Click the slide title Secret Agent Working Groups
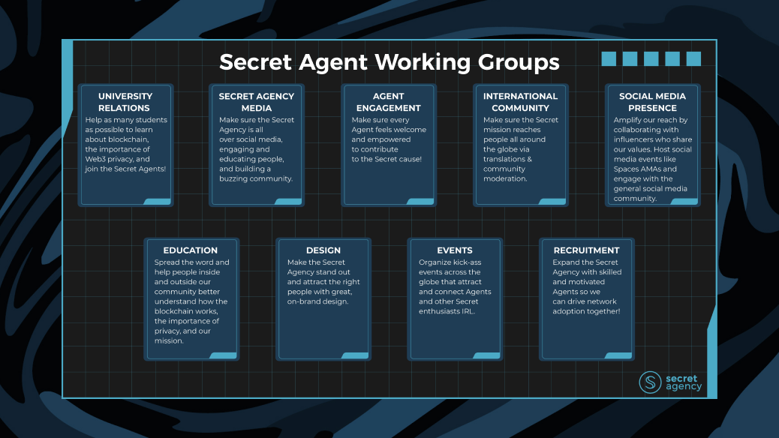point(389,61)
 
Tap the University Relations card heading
point(125,102)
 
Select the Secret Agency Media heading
point(256,102)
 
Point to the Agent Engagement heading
point(388,102)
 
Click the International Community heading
point(520,102)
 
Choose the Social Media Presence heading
point(652,102)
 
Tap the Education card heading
point(191,250)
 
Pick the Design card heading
point(323,250)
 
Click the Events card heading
point(455,250)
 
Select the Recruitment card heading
point(586,250)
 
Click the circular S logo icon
point(650,382)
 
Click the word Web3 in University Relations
point(95,159)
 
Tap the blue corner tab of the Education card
point(223,355)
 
